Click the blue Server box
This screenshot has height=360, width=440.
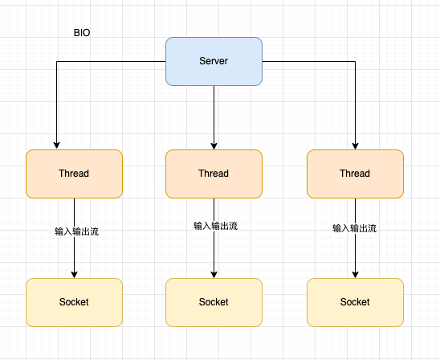tap(214, 61)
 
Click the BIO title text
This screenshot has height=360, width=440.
tap(83, 34)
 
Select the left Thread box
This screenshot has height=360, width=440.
tap(74, 174)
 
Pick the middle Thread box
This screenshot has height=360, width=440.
tap(214, 174)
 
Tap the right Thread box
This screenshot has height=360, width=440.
tap(355, 174)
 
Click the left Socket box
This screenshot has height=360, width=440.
tap(74, 302)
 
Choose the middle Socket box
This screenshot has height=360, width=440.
tap(214, 302)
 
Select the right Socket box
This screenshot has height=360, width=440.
tap(355, 302)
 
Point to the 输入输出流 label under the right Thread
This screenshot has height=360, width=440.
tap(355, 228)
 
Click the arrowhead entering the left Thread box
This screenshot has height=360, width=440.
tap(56, 145)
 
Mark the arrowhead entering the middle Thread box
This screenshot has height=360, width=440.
tap(214, 145)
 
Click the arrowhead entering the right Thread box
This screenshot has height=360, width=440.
tap(355, 145)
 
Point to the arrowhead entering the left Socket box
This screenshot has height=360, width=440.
tap(74, 273)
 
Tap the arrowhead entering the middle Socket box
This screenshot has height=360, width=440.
tap(214, 273)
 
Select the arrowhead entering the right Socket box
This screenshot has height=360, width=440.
tap(355, 273)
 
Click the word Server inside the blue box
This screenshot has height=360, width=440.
tap(214, 61)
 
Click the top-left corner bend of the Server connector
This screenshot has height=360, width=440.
tap(56, 61)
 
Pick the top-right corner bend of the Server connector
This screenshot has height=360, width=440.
tap(355, 61)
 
